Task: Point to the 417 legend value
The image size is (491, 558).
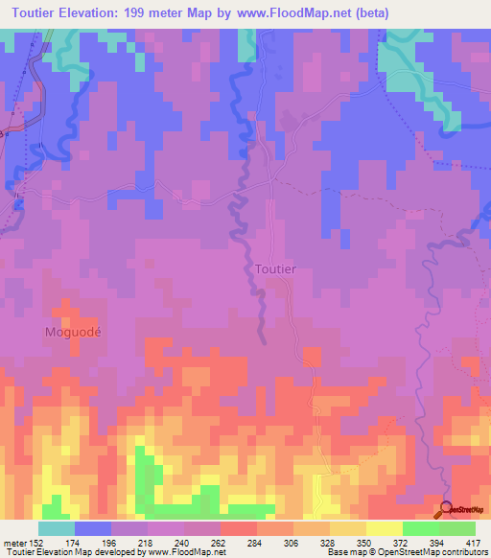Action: tap(475, 542)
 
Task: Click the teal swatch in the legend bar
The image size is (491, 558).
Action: tap(56, 528)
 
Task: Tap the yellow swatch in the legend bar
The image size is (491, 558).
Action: tap(384, 528)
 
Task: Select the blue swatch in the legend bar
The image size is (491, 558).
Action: tap(92, 528)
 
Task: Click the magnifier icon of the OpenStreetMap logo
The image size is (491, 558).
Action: tap(445, 510)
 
